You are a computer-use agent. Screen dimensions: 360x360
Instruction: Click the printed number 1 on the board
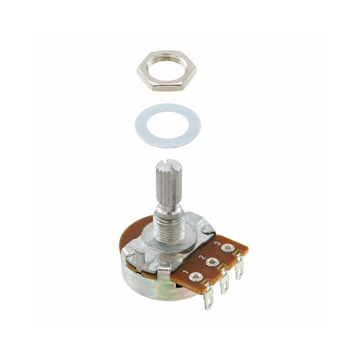[185, 273]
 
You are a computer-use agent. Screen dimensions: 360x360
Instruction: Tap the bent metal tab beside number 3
[207, 230]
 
